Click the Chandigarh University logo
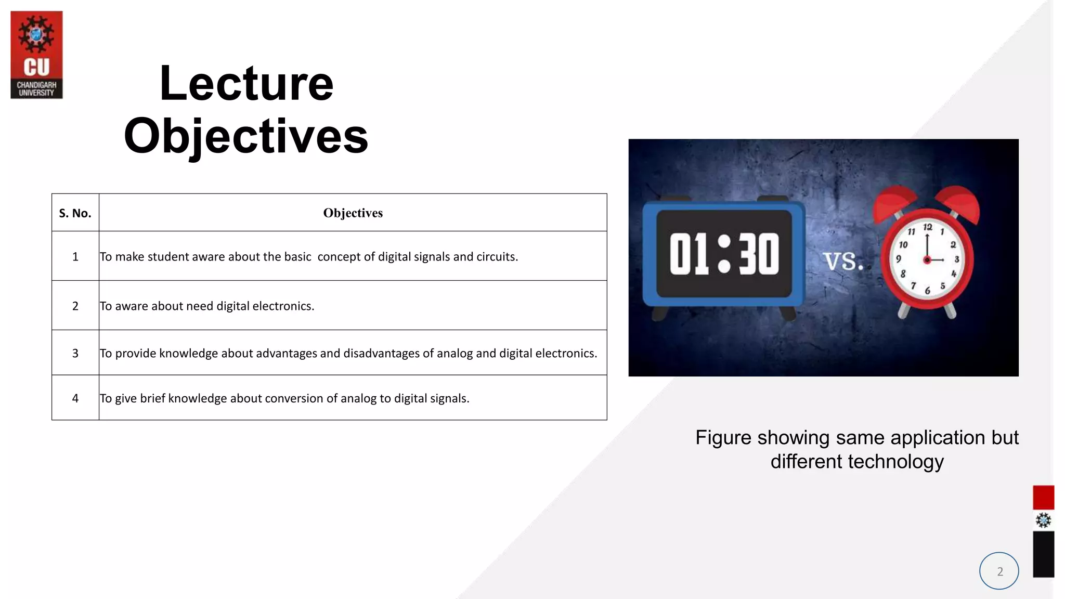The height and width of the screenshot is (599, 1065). tap(36, 55)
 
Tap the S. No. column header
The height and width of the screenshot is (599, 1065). tap(75, 213)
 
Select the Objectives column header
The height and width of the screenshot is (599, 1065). tap(353, 213)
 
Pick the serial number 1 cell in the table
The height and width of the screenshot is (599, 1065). tap(75, 256)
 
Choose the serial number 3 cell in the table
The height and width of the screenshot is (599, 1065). tap(75, 354)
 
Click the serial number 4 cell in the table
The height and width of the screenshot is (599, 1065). tap(75, 398)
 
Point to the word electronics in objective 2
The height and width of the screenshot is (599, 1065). tap(283, 306)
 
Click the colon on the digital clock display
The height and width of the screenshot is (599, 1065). tap(724, 254)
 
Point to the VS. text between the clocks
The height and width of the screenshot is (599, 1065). tap(842, 261)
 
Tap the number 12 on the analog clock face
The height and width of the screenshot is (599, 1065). tap(928, 227)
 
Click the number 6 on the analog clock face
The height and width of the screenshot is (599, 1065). tap(927, 291)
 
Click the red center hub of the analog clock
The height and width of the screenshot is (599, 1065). tap(927, 259)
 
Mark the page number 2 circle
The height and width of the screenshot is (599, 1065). tap(999, 571)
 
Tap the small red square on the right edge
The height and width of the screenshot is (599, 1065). tap(1043, 498)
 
